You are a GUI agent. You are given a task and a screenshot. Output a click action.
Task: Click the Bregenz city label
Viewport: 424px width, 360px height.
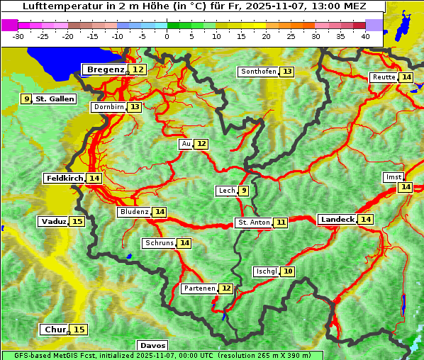tap(105, 69)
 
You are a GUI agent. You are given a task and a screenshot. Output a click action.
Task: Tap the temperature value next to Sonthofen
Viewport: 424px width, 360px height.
tap(287, 72)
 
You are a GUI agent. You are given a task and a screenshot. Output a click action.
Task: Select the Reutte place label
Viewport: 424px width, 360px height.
tap(384, 77)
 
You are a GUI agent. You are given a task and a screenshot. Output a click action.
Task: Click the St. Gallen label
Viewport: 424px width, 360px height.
tap(55, 99)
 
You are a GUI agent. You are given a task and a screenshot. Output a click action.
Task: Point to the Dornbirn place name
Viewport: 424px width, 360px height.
tap(108, 107)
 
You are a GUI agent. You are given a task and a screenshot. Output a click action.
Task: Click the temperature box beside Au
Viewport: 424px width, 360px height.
tap(202, 144)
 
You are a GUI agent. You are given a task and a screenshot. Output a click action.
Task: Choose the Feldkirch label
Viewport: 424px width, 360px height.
tap(65, 179)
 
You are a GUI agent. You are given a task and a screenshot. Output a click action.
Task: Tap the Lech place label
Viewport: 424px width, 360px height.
tap(226, 191)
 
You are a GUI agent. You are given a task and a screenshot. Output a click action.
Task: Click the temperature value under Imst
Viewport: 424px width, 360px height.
tap(405, 187)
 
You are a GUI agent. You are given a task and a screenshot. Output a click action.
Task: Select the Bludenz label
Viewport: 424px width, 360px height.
tap(134, 212)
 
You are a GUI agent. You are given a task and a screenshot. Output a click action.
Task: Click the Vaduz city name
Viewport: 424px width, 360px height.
tap(53, 222)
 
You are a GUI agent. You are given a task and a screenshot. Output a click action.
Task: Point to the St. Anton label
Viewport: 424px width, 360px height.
tap(253, 223)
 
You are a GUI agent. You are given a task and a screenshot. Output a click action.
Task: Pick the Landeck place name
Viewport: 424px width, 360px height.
tap(337, 220)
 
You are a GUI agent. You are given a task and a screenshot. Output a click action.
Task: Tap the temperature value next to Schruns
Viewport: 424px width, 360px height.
tap(184, 243)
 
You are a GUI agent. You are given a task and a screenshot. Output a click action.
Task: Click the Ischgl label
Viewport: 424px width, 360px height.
tap(266, 271)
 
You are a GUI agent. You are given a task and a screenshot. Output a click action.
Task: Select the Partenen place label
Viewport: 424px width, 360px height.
tap(199, 288)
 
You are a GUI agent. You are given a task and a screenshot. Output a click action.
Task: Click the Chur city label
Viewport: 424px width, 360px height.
tap(55, 330)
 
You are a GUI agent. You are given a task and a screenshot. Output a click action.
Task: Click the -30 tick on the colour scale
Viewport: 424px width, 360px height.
tap(18, 35)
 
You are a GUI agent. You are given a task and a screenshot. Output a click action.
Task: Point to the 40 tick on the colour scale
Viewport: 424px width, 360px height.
tap(365, 35)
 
